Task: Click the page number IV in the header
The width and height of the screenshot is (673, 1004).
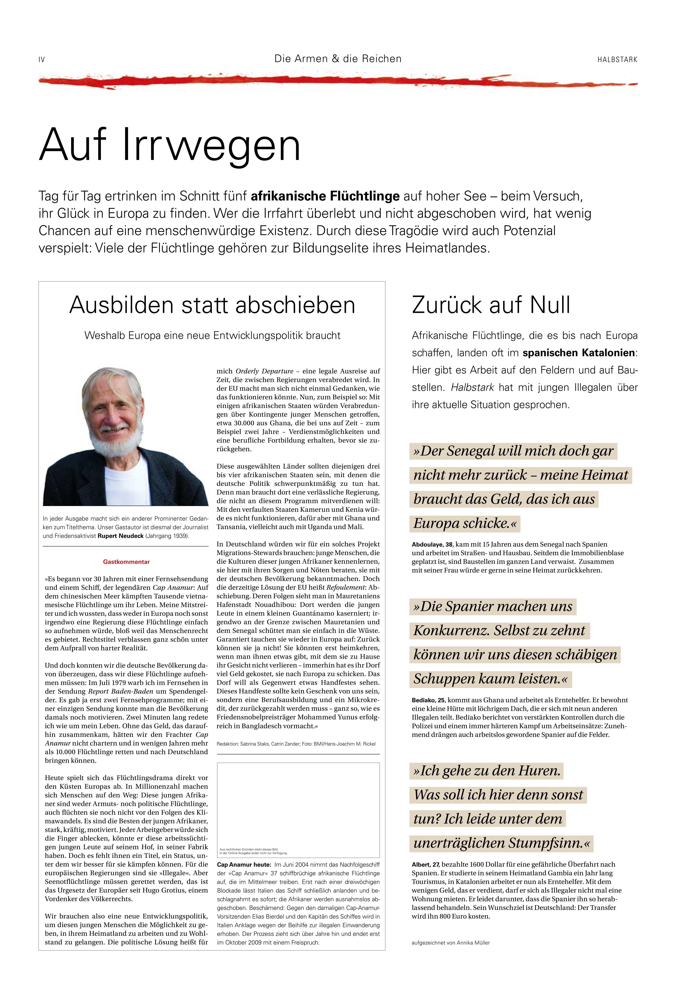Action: coord(42,60)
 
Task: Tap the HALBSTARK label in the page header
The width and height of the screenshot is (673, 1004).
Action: coord(617,60)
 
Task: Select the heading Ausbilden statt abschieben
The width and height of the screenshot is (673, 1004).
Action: coord(212,305)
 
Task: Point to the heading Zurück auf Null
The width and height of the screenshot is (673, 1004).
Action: coord(491,305)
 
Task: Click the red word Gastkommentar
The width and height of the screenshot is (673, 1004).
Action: coord(126,562)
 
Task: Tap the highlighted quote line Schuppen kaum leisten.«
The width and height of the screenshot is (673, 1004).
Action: coord(490,679)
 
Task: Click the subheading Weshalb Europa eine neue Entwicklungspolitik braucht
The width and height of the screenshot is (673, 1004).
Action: coord(212,336)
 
